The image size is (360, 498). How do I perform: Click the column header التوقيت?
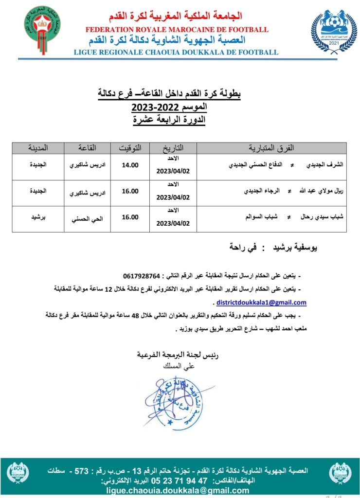click(130, 147)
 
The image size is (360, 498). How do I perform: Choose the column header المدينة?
click(36, 147)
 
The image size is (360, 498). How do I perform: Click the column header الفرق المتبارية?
click(272, 147)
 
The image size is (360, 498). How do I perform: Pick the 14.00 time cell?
click(130, 165)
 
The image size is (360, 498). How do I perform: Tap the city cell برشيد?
click(36, 217)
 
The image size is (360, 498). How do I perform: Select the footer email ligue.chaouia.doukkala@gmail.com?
click(177, 490)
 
